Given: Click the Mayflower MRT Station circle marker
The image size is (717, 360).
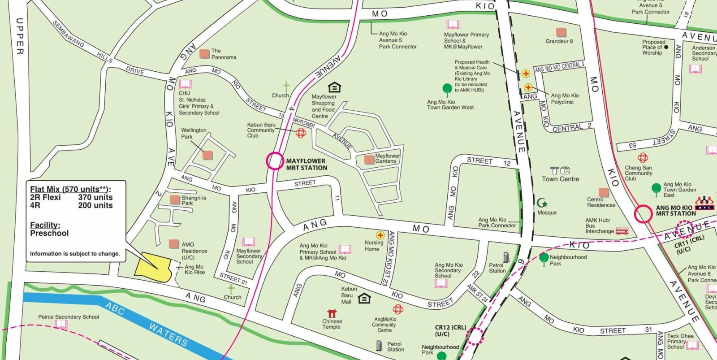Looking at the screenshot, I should tap(275, 161).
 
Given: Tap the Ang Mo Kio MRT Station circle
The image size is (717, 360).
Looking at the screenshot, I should tap(643, 214).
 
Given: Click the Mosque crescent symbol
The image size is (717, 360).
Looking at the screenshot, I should tap(542, 203).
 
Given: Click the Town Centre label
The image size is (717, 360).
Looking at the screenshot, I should tap(560, 179).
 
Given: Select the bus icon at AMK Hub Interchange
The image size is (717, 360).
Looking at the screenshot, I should tap(622, 231).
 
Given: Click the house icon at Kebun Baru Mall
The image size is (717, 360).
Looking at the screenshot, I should tap(364, 298).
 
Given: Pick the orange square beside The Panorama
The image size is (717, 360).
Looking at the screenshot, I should tap(204, 54).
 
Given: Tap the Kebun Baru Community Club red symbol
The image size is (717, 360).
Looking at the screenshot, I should tap(301, 132).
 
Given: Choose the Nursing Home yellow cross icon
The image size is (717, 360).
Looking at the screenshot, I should tap(380, 235).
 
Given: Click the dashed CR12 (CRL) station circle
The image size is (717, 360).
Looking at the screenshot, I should tap(475, 335).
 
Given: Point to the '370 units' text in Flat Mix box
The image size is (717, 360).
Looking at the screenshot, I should tap(95, 197).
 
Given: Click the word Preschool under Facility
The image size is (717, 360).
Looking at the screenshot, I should tap(49, 233).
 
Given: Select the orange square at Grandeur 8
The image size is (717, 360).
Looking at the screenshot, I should tap(561, 32).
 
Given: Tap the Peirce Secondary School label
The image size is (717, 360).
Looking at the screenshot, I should tap(69, 317).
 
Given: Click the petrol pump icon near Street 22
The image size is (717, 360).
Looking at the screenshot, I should tap(506, 257).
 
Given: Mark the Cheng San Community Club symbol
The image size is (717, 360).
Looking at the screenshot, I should tap(643, 158).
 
